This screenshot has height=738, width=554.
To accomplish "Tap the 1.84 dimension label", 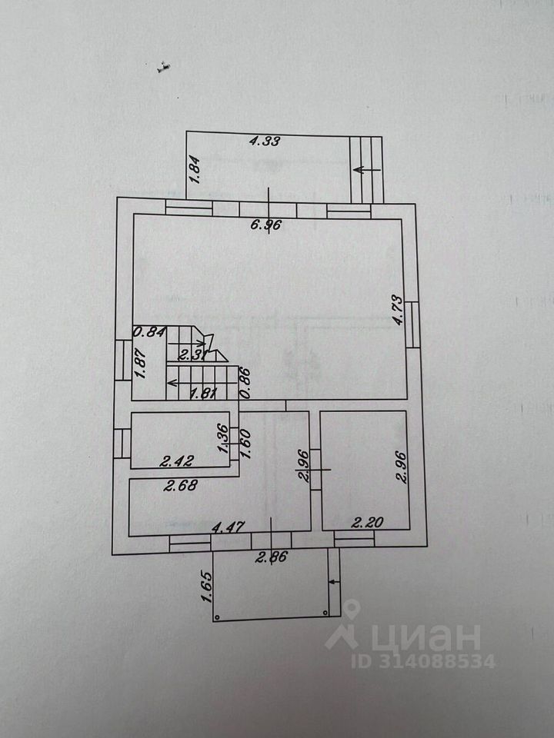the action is pyautogui.click(x=195, y=169).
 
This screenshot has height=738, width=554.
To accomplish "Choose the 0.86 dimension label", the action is pyautogui.click(x=244, y=381).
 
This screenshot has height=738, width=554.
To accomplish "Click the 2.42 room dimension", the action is pyautogui.click(x=175, y=462).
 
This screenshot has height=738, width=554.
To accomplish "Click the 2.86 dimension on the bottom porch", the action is pyautogui.click(x=271, y=558).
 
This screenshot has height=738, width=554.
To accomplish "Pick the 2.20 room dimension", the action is pyautogui.click(x=368, y=524).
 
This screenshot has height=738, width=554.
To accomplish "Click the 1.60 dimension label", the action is pyautogui.click(x=247, y=444).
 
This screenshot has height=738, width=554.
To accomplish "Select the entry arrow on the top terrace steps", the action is pyautogui.click(x=368, y=170).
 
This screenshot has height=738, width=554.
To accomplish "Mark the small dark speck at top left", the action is pyautogui.click(x=162, y=69).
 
